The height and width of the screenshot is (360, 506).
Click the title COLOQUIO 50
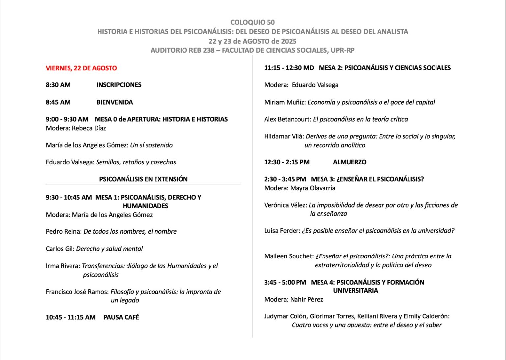point(252,22)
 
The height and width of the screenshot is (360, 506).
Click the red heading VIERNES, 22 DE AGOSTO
point(81,68)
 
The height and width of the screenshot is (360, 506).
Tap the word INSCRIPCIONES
point(119,85)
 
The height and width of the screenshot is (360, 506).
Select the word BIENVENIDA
point(115,102)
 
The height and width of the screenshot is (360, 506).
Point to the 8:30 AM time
point(58,85)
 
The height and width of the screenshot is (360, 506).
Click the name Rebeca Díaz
point(89,128)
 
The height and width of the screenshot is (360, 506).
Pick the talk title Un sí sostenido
point(151,145)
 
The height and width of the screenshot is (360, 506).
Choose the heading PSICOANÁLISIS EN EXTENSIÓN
point(143,179)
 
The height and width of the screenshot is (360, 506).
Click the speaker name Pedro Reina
point(63,232)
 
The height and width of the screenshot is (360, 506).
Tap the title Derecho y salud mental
point(109,249)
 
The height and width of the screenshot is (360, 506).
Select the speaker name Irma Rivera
point(63,266)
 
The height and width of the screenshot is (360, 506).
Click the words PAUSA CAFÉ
point(121,317)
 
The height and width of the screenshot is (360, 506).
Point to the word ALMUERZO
point(350,162)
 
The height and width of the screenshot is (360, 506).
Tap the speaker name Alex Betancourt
point(287,119)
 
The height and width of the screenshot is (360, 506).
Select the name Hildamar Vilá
point(284,136)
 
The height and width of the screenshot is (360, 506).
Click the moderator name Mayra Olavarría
point(313,188)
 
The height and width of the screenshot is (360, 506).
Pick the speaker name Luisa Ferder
point(282,231)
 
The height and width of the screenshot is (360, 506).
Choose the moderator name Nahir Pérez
point(306,300)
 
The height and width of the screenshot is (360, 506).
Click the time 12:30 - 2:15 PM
point(287,162)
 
